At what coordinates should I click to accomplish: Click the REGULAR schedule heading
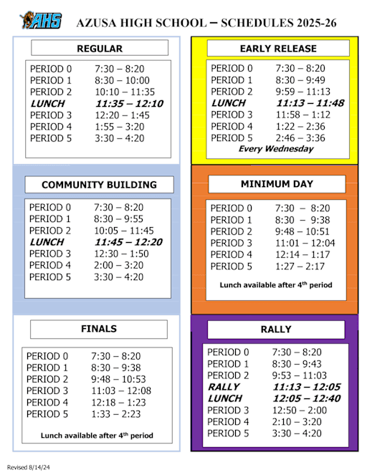click(100, 49)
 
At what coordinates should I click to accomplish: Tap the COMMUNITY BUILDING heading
click(99, 185)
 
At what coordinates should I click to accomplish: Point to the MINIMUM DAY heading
click(276, 184)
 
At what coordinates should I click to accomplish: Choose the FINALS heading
click(99, 329)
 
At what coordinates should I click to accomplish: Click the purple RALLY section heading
click(276, 329)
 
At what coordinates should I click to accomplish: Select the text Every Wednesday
click(276, 149)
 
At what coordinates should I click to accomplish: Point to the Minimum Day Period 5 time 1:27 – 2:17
click(300, 267)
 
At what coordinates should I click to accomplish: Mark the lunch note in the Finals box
click(97, 435)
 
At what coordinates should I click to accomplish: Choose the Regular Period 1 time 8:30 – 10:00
click(122, 81)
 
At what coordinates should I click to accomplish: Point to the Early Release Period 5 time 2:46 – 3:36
click(300, 138)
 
